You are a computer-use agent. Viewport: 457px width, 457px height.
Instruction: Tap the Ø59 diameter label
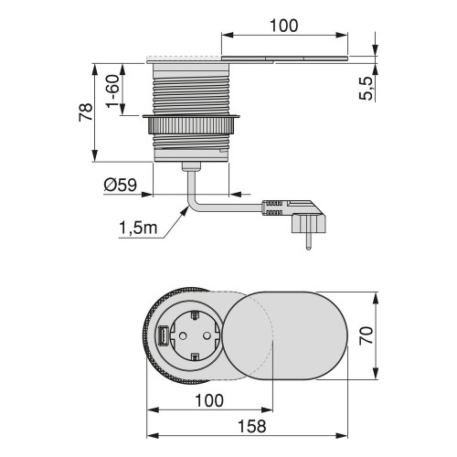click(x=122, y=186)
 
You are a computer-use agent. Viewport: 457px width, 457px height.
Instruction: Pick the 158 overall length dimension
click(x=252, y=426)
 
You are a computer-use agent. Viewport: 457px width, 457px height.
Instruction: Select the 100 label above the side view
click(x=285, y=27)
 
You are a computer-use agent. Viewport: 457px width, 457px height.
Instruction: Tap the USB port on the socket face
click(x=161, y=336)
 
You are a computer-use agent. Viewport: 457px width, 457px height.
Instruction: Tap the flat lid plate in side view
click(x=283, y=59)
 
